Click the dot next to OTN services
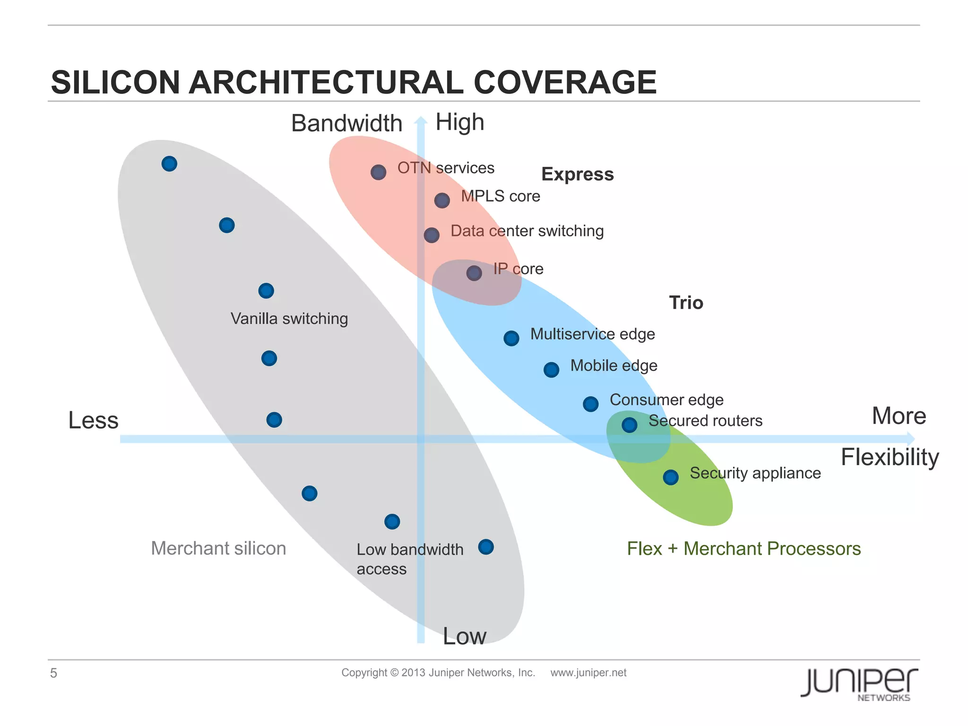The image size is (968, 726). [378, 172]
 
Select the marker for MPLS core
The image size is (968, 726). [442, 200]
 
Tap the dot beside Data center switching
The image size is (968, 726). [431, 235]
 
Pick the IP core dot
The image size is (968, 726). [474, 273]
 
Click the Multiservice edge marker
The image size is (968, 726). [511, 338]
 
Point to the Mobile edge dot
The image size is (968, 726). [551, 370]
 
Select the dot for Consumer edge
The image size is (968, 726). [591, 404]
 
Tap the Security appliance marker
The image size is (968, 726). [671, 477]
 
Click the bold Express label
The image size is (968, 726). [577, 174]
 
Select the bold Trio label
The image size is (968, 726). [686, 302]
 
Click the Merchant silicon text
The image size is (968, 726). [218, 548]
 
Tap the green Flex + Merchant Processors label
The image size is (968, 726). [743, 548]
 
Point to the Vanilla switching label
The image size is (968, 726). [289, 319]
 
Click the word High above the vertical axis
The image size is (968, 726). [459, 122]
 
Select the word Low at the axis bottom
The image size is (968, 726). [464, 636]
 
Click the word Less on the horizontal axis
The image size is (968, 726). [93, 420]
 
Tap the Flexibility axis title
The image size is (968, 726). [890, 457]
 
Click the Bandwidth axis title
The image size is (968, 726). [346, 123]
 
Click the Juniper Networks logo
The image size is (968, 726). [859, 683]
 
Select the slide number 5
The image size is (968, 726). [53, 673]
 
